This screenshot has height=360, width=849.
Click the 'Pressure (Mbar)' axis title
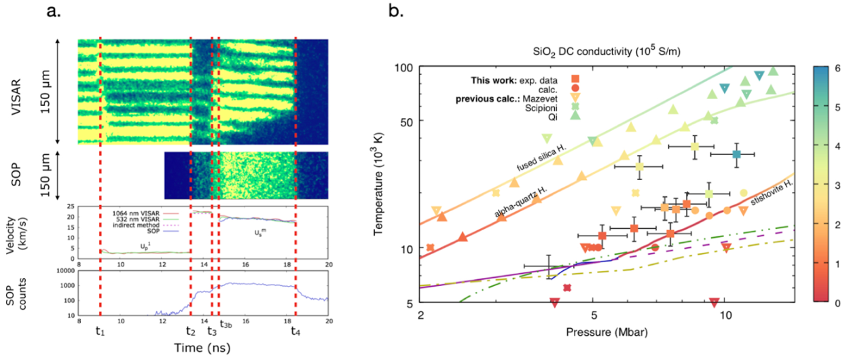(608, 333)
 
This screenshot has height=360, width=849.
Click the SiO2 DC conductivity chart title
(607, 50)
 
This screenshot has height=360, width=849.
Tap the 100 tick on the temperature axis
(405, 68)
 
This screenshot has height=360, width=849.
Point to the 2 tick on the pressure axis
(421, 315)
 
